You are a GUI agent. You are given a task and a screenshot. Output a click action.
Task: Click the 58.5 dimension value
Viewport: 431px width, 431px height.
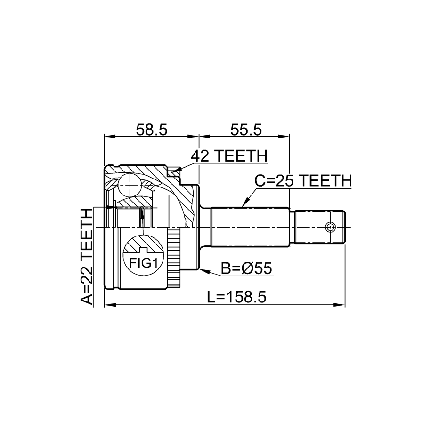[152, 130]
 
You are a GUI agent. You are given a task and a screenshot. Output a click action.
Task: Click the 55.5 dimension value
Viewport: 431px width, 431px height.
[246, 130]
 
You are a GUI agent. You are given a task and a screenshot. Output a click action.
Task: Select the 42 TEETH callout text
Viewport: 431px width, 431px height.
[229, 156]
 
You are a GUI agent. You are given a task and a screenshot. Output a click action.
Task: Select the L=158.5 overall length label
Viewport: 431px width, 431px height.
[237, 297]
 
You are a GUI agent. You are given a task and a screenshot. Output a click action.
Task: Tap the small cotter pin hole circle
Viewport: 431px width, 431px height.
[330, 227]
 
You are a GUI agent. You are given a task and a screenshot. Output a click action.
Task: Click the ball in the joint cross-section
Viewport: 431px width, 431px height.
[129, 185]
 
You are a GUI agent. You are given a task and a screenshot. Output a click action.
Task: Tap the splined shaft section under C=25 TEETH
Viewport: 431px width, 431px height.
[251, 227]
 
